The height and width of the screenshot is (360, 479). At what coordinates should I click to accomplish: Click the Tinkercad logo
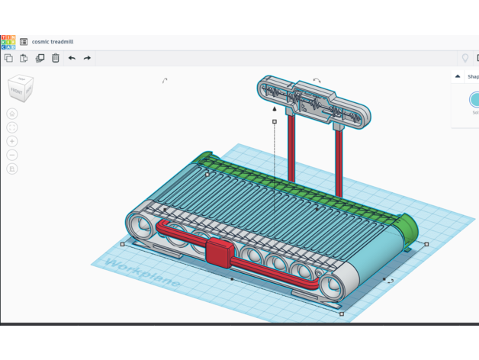[x=8, y=42]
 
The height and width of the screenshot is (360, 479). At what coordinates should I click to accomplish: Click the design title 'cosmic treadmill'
[x=53, y=42]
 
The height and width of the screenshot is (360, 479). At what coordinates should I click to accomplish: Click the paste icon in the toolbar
[x=24, y=58]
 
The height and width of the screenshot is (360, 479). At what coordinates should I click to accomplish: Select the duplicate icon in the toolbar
[x=40, y=58]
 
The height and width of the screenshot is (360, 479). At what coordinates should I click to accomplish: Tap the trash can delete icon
[x=56, y=58]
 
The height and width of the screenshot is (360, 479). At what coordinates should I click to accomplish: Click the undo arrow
[x=72, y=58]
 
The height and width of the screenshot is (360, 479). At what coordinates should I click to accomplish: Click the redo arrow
[x=87, y=58]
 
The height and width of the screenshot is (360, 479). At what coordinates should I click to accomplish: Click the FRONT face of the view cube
[x=17, y=91]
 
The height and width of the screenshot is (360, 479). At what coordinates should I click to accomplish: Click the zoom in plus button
[x=12, y=141]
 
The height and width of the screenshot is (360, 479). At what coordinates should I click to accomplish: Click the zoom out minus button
[x=12, y=155]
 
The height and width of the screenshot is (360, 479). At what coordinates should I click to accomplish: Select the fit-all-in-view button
[x=12, y=127]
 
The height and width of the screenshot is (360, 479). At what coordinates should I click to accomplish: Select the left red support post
[x=291, y=149]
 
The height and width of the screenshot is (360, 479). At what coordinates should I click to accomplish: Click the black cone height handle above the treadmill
[x=275, y=109]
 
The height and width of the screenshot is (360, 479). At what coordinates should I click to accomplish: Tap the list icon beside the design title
[x=24, y=42]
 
